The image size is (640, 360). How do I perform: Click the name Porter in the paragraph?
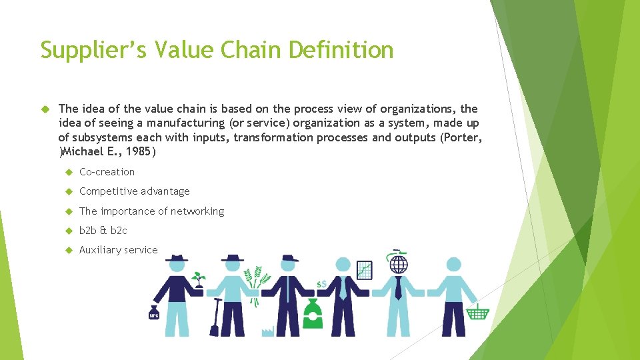(462, 137)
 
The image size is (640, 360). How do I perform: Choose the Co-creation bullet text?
(107, 172)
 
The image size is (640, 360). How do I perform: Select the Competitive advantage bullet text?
(134, 191)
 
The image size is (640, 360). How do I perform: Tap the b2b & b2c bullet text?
(103, 231)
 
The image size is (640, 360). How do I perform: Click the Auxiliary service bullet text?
(118, 250)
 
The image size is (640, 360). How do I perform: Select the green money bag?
(312, 313)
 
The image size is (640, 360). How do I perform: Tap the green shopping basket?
(478, 311)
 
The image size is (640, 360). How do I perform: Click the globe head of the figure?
(398, 265)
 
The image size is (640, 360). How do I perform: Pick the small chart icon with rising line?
(365, 270)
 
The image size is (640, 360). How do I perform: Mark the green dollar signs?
(321, 285)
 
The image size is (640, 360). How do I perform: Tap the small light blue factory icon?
(267, 331)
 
